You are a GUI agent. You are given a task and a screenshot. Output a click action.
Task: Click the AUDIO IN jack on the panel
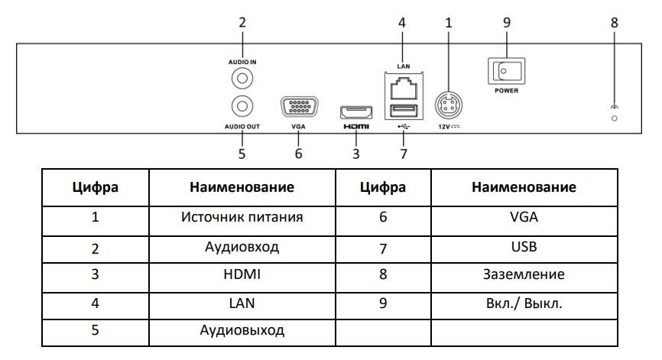(x=242, y=78)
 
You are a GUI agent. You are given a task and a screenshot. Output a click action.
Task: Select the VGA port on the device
(x=298, y=107)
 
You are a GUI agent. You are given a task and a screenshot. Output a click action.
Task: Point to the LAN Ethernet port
(x=401, y=87)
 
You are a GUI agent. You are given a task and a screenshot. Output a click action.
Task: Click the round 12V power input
(x=448, y=103)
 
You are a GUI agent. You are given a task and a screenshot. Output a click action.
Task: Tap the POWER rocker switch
(x=505, y=72)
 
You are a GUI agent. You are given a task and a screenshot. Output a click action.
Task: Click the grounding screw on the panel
(x=615, y=118)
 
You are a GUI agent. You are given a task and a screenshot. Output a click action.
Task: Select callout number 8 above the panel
(x=615, y=24)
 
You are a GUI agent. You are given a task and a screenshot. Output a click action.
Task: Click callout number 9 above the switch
(x=506, y=24)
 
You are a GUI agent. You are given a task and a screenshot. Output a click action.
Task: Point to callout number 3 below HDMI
(x=355, y=154)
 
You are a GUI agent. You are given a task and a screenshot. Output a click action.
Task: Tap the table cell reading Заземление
(x=524, y=274)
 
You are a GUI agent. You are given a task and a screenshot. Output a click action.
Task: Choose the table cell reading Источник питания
(x=242, y=218)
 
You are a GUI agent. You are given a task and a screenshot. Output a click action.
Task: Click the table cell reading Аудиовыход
(x=242, y=331)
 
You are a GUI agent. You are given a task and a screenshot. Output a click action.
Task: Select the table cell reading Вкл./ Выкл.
(x=524, y=303)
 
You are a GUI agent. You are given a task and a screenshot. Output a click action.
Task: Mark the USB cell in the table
(x=524, y=246)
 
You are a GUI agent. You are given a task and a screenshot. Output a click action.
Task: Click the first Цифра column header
(x=95, y=187)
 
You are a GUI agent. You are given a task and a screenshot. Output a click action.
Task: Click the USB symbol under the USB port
(x=402, y=127)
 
